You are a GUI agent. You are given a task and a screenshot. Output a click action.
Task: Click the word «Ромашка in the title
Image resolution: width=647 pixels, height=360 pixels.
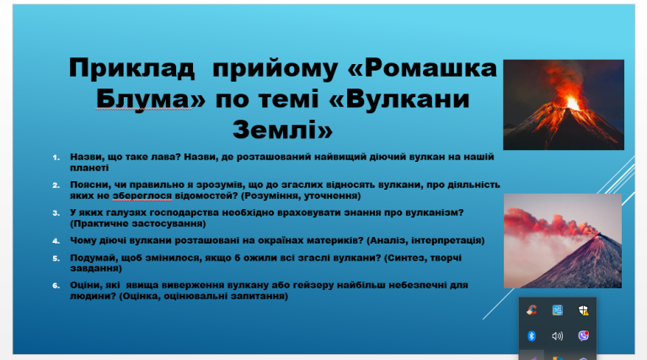423,67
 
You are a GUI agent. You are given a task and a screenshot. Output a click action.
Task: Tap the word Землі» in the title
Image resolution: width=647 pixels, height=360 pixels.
283,129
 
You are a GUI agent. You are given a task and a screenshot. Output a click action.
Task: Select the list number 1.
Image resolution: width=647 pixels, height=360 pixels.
56,158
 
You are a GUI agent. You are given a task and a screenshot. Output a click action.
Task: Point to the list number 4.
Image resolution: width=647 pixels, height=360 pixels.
56,240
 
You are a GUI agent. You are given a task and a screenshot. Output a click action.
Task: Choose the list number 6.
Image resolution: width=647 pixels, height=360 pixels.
56,285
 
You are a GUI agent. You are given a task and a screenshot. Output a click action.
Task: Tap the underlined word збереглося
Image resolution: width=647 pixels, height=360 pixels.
142,196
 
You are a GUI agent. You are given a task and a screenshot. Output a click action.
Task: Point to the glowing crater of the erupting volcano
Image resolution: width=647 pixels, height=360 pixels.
572,102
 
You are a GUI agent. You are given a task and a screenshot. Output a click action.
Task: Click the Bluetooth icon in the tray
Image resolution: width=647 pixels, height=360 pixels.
532,336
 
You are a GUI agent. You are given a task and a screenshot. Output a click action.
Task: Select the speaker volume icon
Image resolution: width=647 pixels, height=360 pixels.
557,336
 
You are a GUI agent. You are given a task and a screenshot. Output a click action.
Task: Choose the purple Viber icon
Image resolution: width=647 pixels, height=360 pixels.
583,336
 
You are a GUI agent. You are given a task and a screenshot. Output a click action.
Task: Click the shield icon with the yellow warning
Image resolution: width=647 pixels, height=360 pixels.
583,310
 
